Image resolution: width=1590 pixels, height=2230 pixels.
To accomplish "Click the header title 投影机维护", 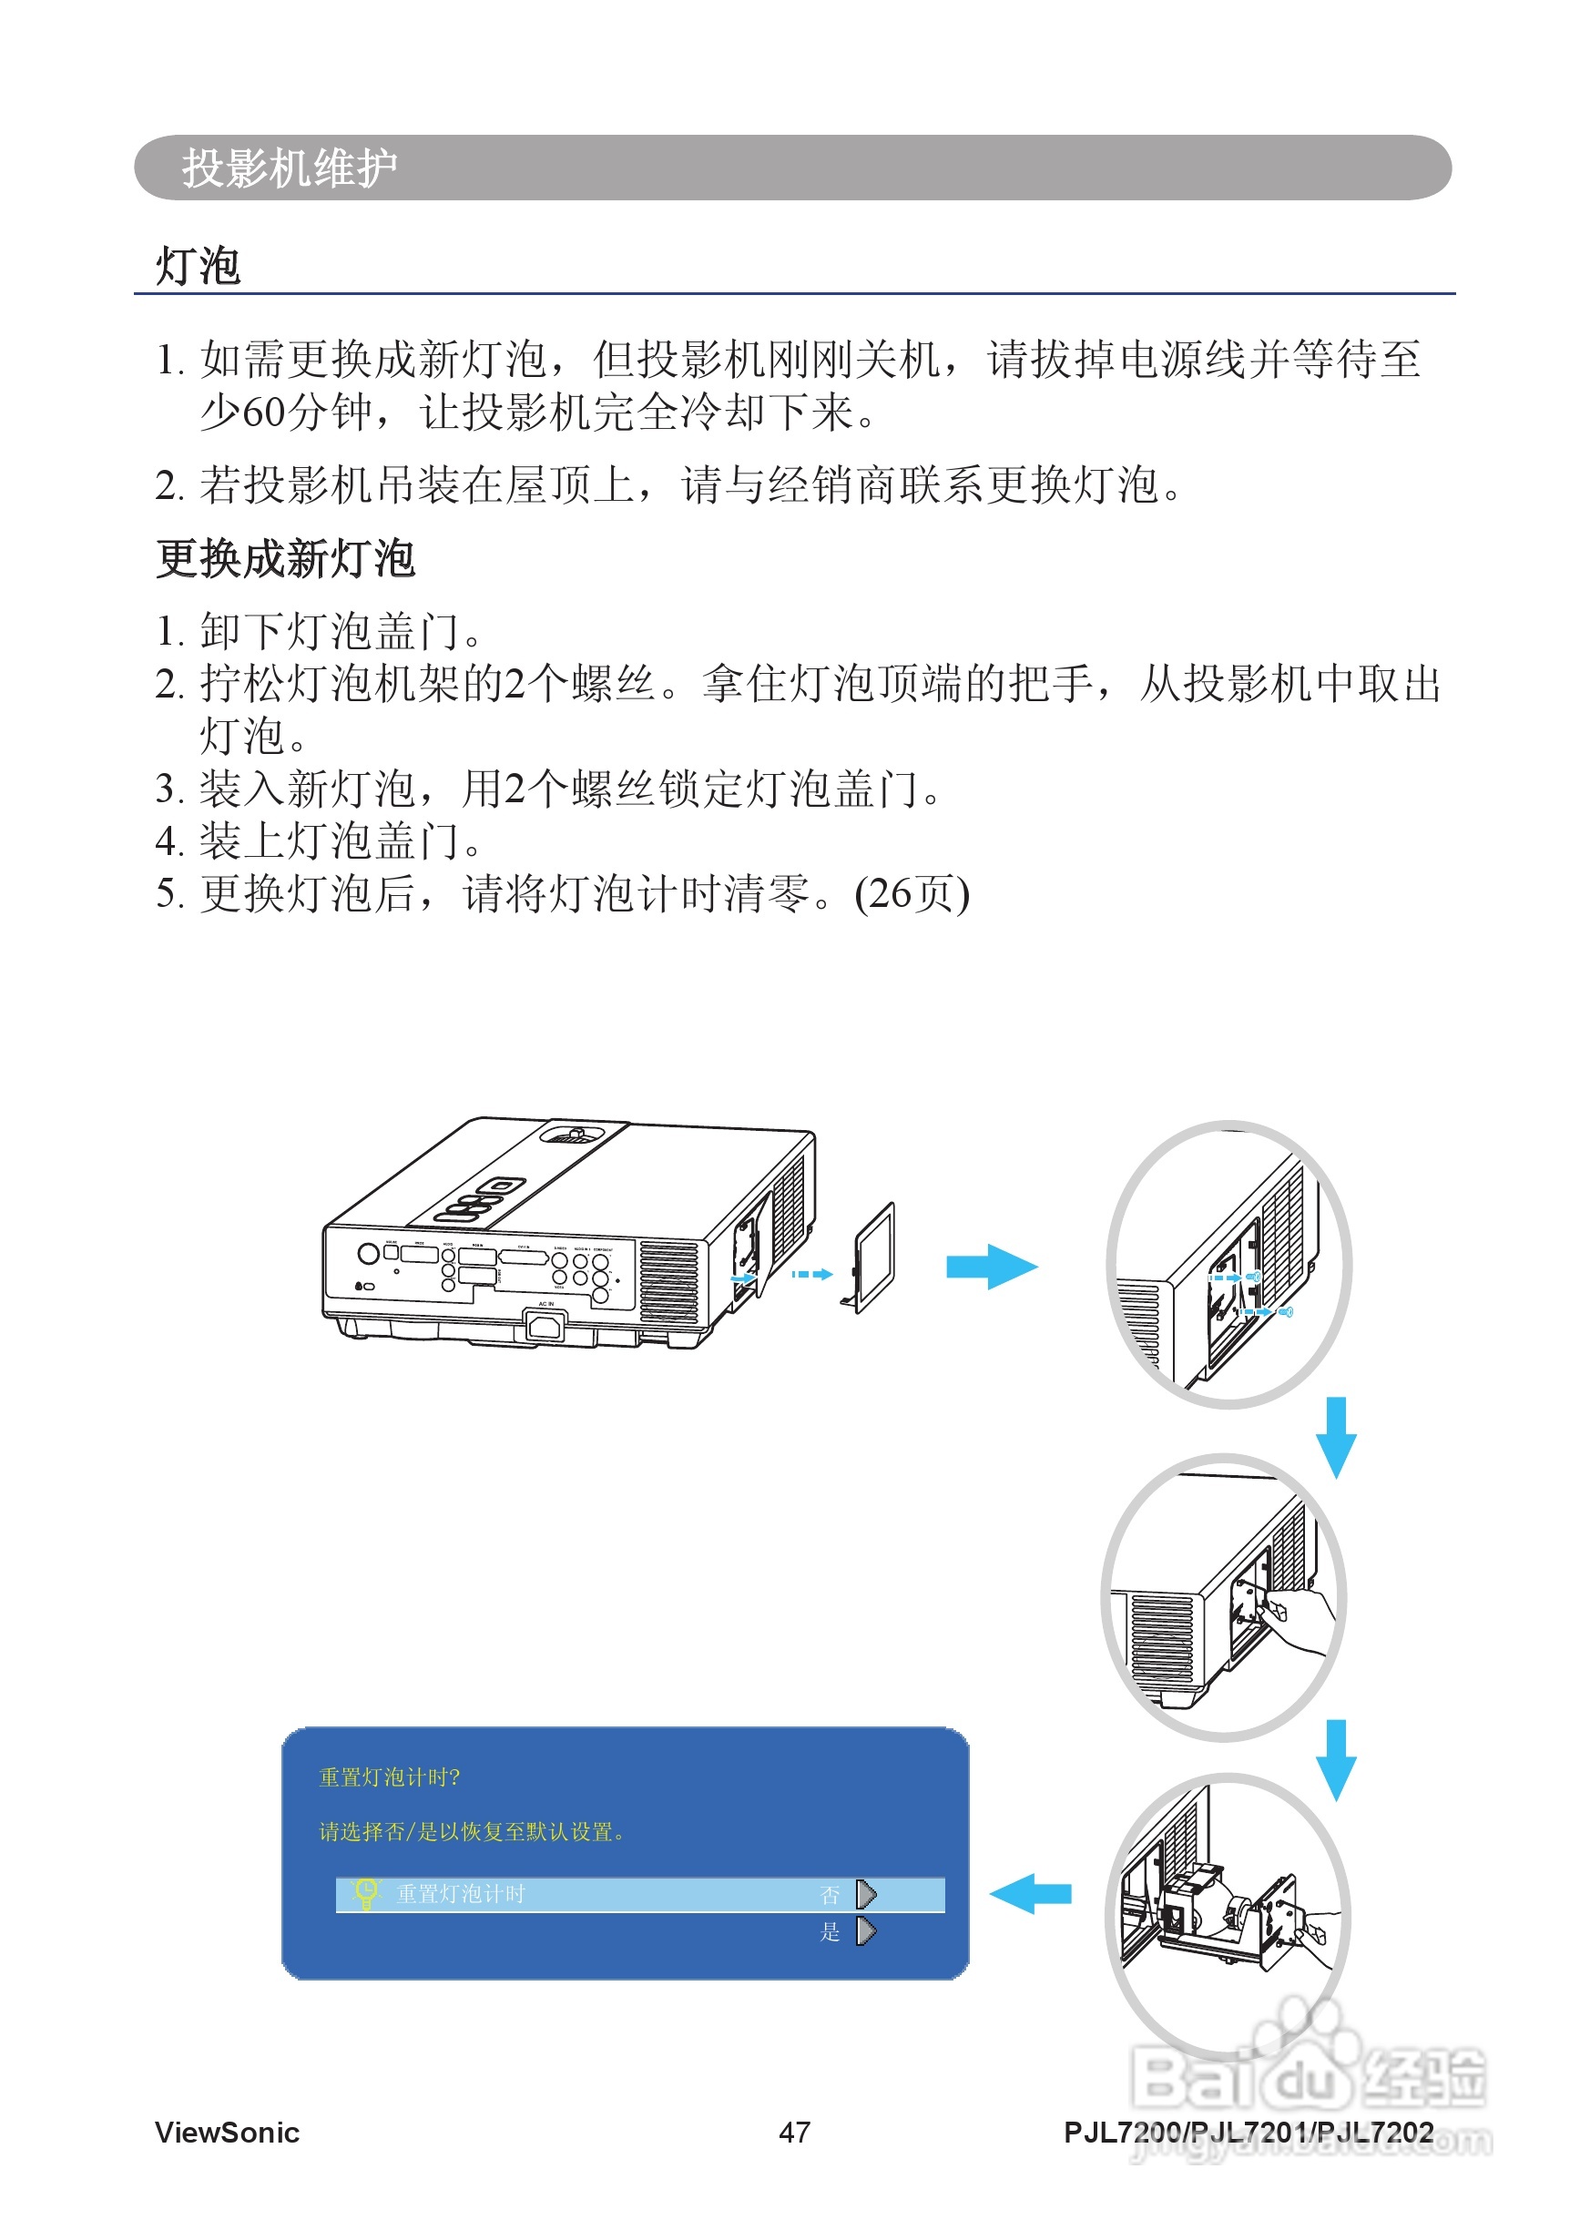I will pyautogui.click(x=289, y=168).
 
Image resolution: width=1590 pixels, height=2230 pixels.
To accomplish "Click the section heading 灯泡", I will pyautogui.click(x=198, y=266).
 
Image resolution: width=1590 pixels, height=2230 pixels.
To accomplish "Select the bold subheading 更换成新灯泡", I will pyautogui.click(x=286, y=559).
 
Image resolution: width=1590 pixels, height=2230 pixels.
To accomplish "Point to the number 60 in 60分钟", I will pyautogui.click(x=262, y=412).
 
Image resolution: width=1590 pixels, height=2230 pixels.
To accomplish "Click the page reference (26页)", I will pyautogui.click(x=912, y=894).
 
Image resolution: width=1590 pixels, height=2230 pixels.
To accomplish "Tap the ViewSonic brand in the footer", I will pyautogui.click(x=227, y=2132).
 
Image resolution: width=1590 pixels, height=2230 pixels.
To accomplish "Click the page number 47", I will pyautogui.click(x=794, y=2132).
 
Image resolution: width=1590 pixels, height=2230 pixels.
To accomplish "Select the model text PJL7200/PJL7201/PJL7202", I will pyautogui.click(x=1249, y=2132).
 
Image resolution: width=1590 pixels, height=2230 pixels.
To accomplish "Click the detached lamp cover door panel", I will pyautogui.click(x=874, y=1257).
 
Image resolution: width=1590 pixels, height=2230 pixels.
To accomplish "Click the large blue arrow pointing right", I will pyautogui.click(x=991, y=1267).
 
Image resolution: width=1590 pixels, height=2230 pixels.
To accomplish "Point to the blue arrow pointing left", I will pyautogui.click(x=1030, y=1893).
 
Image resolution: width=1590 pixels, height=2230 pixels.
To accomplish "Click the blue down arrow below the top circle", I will pyautogui.click(x=1335, y=1436).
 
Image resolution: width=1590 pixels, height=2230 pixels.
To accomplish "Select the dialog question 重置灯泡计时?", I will pyautogui.click(x=389, y=1777).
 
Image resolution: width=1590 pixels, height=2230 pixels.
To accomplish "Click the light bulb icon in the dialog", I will pyautogui.click(x=365, y=1892).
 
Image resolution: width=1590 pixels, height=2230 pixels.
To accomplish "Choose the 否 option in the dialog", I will pyautogui.click(x=831, y=1894).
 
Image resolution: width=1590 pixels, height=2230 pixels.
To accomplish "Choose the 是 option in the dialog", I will pyautogui.click(x=831, y=1931).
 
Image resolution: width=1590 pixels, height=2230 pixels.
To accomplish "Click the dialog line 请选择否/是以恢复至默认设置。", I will pyautogui.click(x=471, y=1831).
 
